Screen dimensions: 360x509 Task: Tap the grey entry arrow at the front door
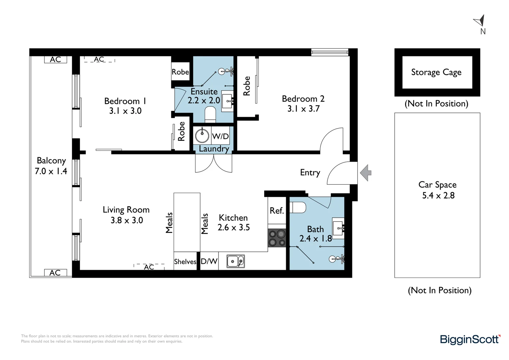366,173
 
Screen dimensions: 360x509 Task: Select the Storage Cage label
436,72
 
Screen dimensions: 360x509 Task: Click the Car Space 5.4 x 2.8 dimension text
438,195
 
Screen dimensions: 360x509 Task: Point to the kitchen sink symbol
236,261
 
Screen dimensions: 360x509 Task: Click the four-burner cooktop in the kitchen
277,238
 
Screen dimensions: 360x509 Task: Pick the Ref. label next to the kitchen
276,211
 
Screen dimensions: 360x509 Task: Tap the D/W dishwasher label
209,261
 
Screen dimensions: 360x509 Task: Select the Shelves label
185,262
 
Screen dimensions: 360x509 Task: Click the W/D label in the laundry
220,136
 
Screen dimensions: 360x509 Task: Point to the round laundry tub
202,136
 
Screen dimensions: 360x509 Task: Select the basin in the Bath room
338,228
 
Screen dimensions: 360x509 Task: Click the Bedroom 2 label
303,99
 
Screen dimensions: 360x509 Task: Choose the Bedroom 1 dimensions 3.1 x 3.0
125,111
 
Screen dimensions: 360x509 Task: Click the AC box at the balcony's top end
55,59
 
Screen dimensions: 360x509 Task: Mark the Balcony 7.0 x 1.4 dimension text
51,171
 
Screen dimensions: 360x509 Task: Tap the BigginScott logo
470,339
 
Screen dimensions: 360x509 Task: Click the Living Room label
126,210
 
